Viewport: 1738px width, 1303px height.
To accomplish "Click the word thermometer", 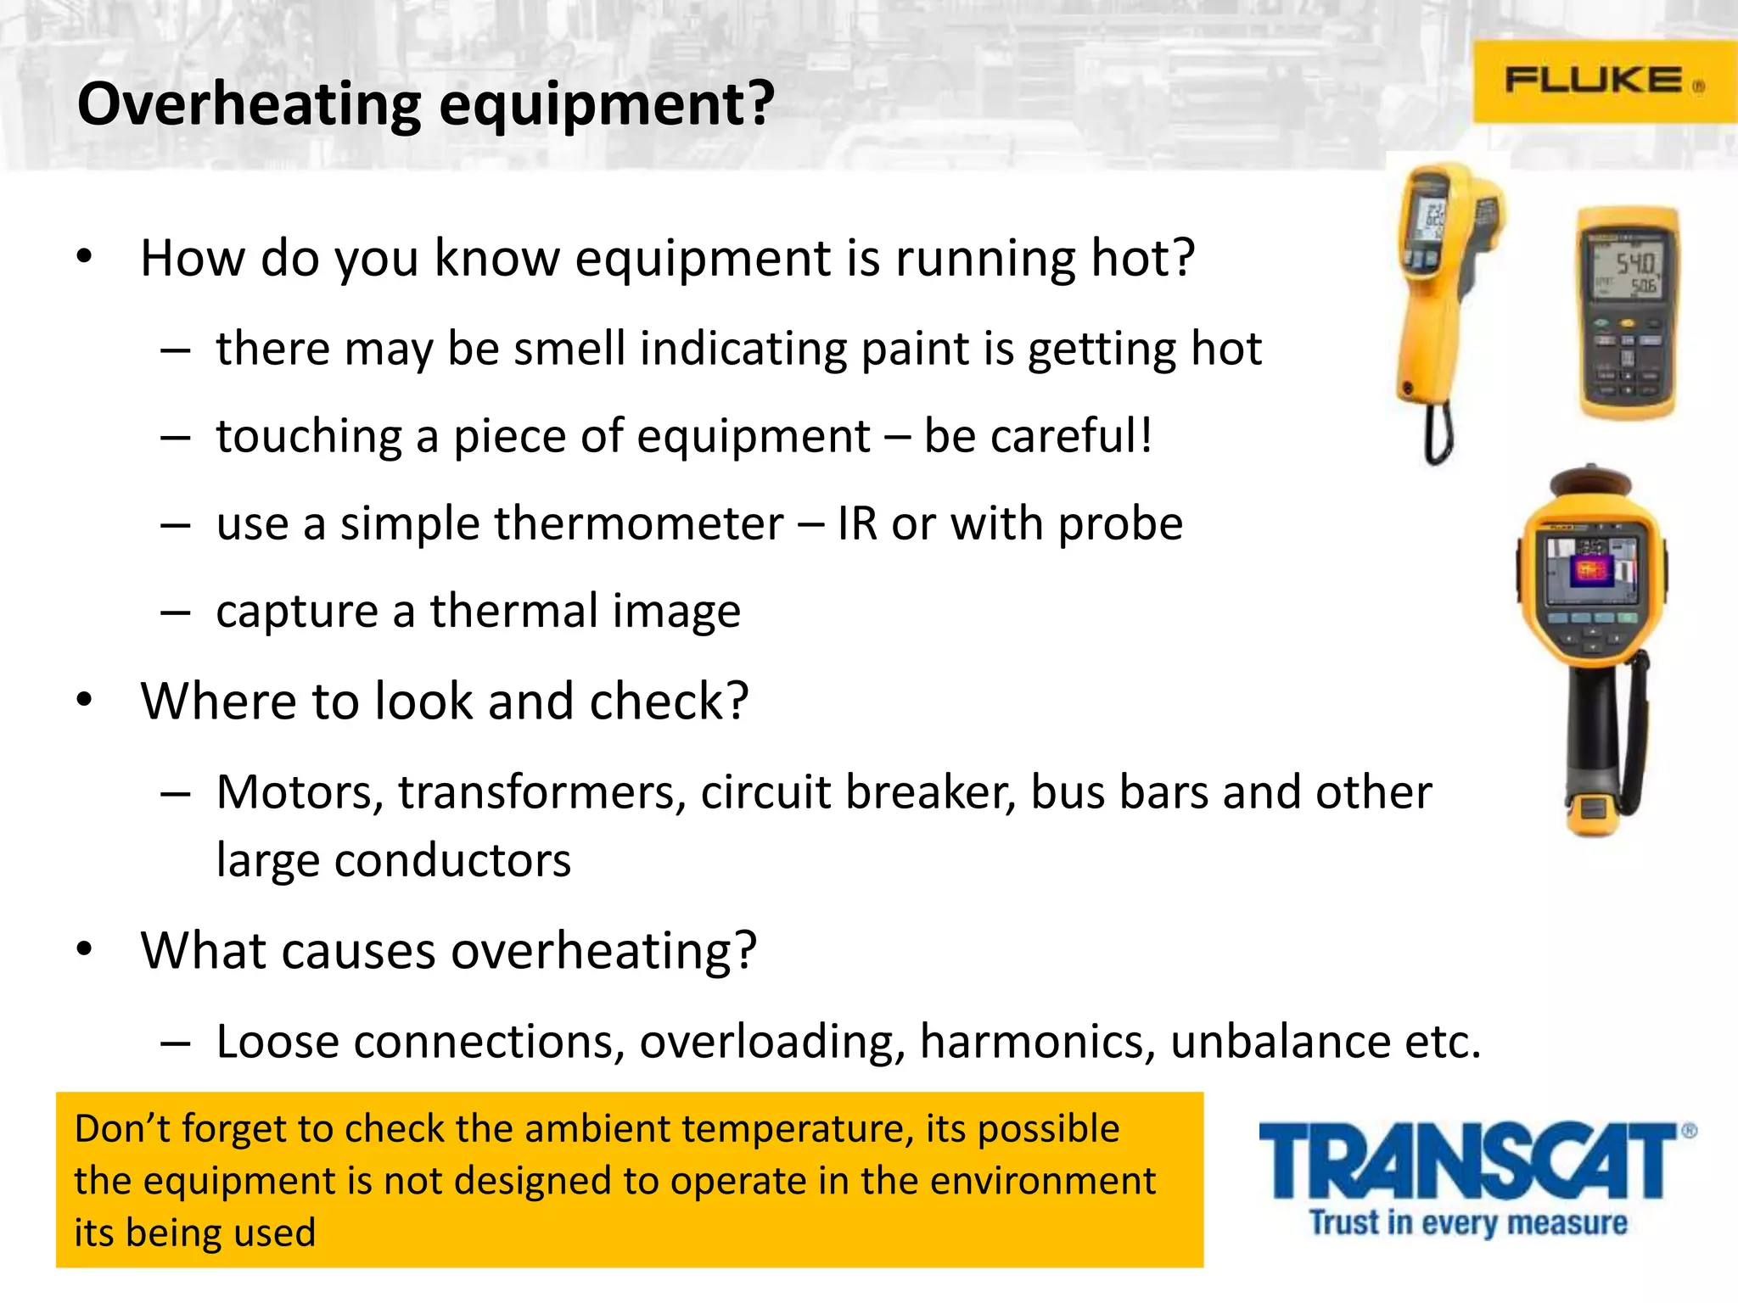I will click(638, 523).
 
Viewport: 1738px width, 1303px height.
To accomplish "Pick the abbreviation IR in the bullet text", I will click(856, 523).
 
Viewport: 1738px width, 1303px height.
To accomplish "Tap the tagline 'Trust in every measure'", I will click(1468, 1222).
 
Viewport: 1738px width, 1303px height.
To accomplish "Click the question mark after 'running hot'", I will click(1180, 257).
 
